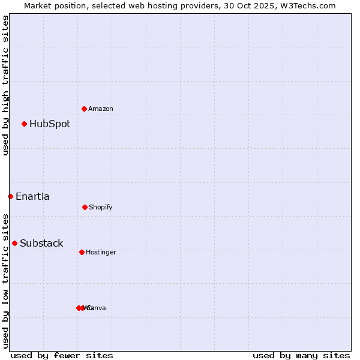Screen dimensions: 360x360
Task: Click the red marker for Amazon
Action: (x=84, y=109)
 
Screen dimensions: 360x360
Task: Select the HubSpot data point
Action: (x=24, y=124)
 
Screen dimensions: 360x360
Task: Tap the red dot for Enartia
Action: (x=10, y=196)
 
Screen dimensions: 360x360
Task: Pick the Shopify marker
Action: (x=85, y=207)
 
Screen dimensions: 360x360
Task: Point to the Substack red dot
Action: (x=14, y=243)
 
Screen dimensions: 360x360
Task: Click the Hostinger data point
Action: (x=82, y=252)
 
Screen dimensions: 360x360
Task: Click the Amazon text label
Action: (x=101, y=109)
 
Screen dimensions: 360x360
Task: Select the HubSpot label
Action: (x=50, y=124)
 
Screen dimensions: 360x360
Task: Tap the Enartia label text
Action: (x=32, y=196)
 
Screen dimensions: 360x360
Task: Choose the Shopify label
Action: (x=101, y=207)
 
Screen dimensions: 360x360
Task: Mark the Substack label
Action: (x=41, y=243)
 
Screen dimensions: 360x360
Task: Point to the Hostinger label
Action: (x=101, y=252)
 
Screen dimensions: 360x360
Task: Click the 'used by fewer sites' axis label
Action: (x=62, y=355)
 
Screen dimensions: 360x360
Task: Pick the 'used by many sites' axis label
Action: (x=301, y=355)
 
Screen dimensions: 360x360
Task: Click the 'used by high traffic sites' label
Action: (x=5, y=85)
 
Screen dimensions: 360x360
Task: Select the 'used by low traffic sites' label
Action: (x=5, y=280)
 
